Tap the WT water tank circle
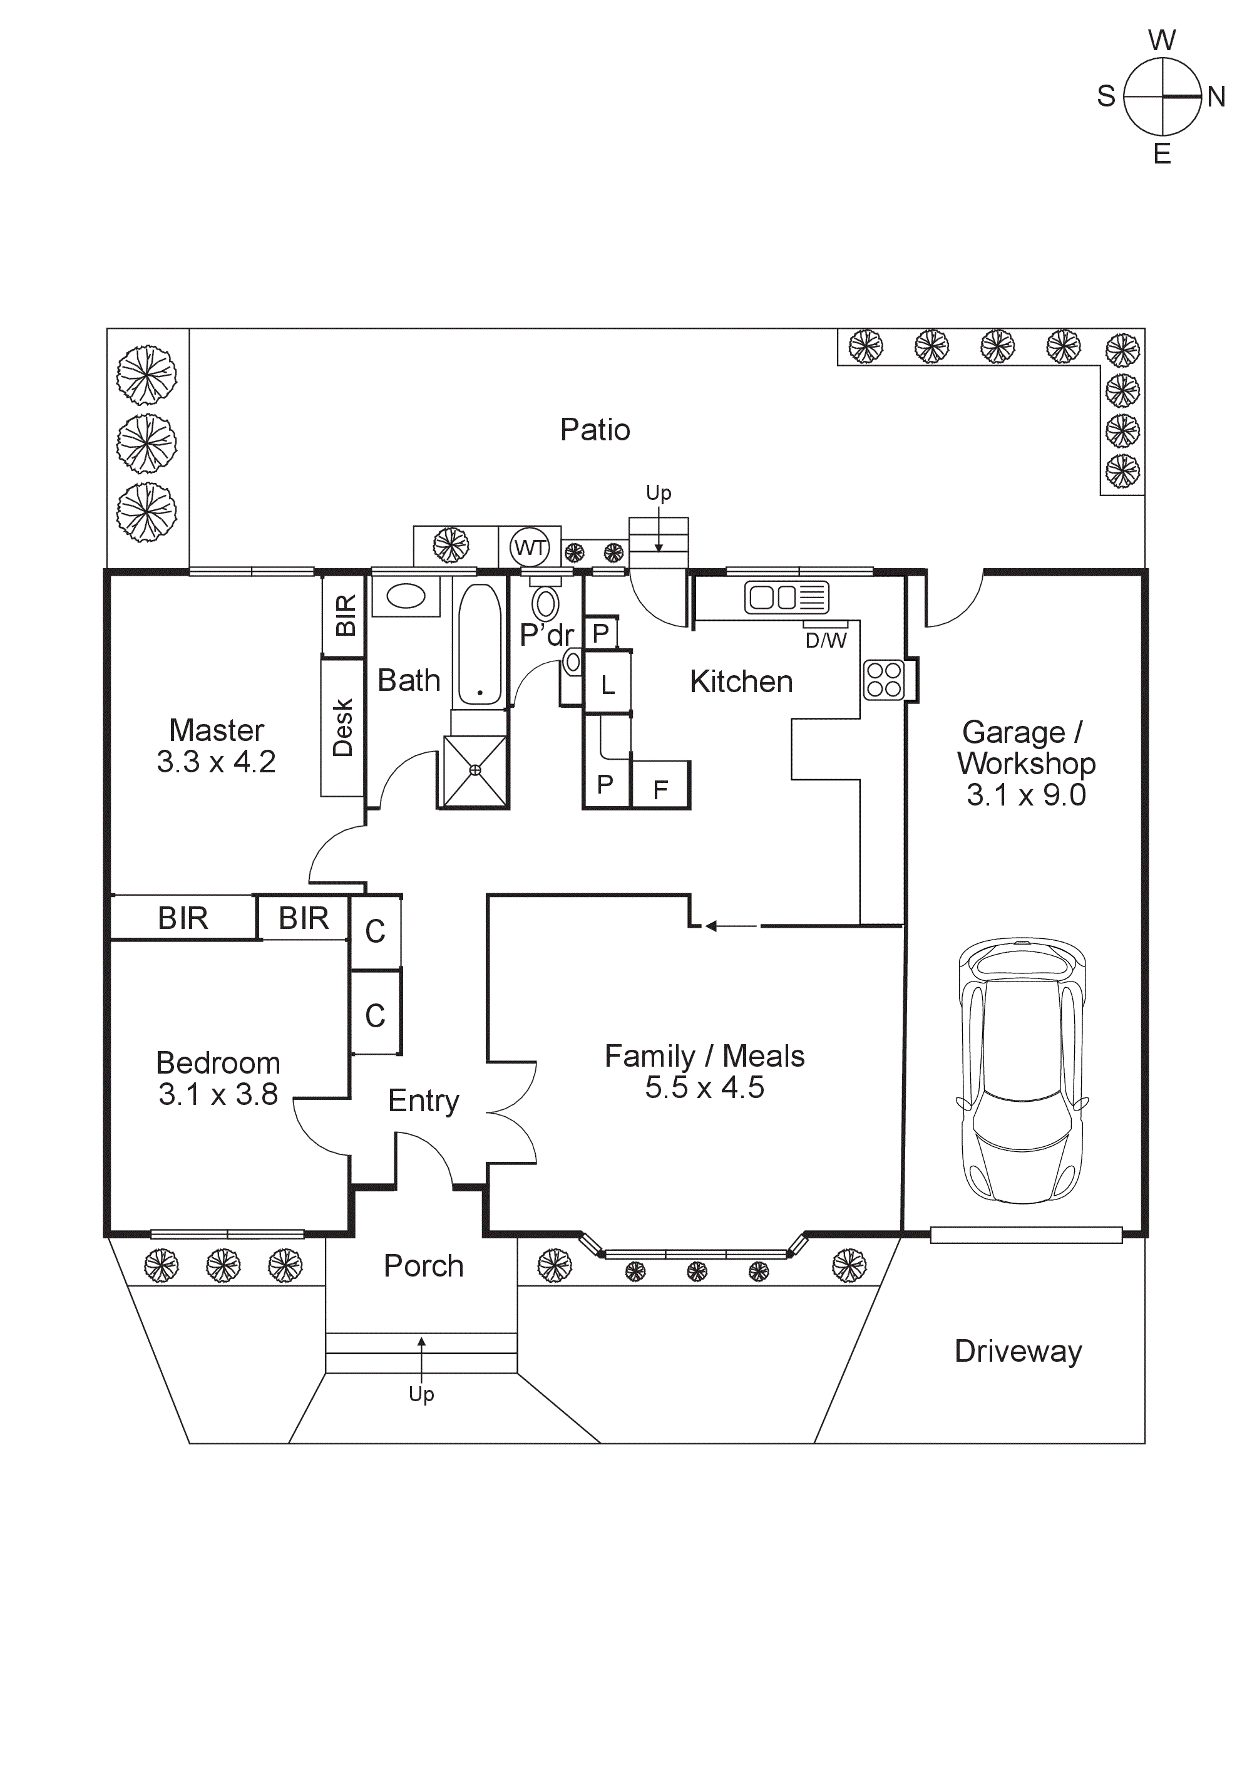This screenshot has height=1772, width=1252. pos(530,547)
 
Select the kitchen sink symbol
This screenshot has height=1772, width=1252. pos(786,598)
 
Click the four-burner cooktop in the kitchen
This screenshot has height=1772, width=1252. pos(884,680)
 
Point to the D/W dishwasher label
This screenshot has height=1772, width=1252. pos(826,641)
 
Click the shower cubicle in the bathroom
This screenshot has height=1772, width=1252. pos(475,770)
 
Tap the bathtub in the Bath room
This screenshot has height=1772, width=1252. pos(480,645)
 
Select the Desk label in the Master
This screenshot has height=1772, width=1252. pos(342,727)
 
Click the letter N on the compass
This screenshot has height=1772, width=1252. pos(1216,97)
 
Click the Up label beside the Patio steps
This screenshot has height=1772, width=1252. pos(658,492)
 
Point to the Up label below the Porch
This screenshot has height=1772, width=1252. pos(421,1394)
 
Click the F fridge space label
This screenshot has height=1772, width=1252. pos(660,789)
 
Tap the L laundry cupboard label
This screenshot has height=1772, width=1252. pos(608,685)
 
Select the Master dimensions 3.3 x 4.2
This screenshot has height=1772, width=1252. pos(216,762)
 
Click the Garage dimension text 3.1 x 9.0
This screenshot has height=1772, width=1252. pos(1026,795)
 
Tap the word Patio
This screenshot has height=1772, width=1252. pos(595,430)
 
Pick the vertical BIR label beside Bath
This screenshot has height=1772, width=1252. pos(346,615)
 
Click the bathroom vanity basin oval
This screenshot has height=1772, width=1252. pos(406,596)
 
